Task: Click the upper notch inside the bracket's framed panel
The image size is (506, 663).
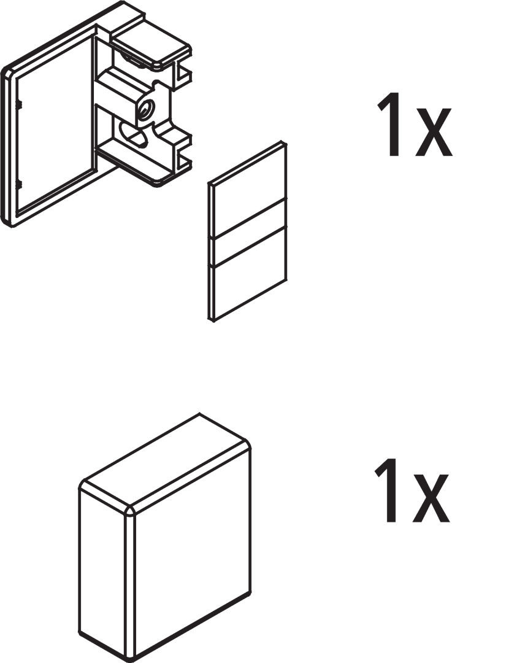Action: click(20, 104)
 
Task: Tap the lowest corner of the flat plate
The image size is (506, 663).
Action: click(213, 320)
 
